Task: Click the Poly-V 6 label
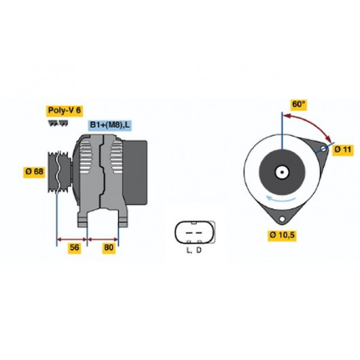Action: click(x=65, y=111)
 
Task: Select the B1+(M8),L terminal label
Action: click(x=110, y=125)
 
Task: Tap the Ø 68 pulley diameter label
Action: click(x=34, y=171)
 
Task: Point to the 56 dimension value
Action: click(x=75, y=247)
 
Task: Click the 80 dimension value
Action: click(x=109, y=247)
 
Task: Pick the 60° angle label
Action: click(x=298, y=104)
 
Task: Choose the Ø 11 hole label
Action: click(x=343, y=149)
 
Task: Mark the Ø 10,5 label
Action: click(x=282, y=235)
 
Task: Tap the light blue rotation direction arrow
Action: click(x=280, y=199)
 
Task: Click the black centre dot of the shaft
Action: click(x=282, y=173)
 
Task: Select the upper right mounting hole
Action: click(x=323, y=149)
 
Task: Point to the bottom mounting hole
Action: click(x=282, y=219)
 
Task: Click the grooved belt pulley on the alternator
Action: click(x=59, y=172)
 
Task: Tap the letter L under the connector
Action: click(x=189, y=250)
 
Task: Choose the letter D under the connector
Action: click(x=199, y=250)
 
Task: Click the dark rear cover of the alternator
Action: click(x=135, y=173)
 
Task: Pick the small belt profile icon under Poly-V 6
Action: click(x=58, y=124)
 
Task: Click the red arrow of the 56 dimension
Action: click(x=71, y=240)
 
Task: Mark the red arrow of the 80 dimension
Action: click(x=103, y=240)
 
